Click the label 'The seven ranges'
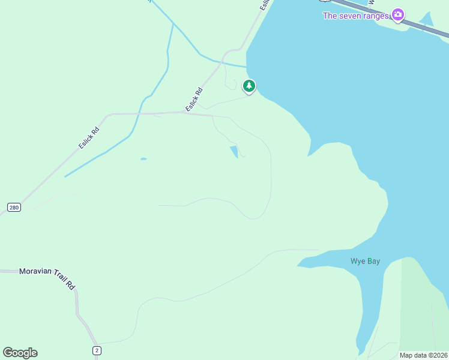(x=356, y=16)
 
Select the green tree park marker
(x=249, y=86)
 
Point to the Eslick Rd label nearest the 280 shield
(x=88, y=137)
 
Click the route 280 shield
(x=14, y=208)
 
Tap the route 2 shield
(x=96, y=350)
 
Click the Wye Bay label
(x=365, y=261)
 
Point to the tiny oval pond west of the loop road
(x=143, y=159)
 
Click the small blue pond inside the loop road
(x=234, y=152)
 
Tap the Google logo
(x=20, y=353)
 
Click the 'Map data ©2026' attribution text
(x=424, y=355)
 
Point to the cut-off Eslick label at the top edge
(x=264, y=4)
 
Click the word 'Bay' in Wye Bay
(x=373, y=261)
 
